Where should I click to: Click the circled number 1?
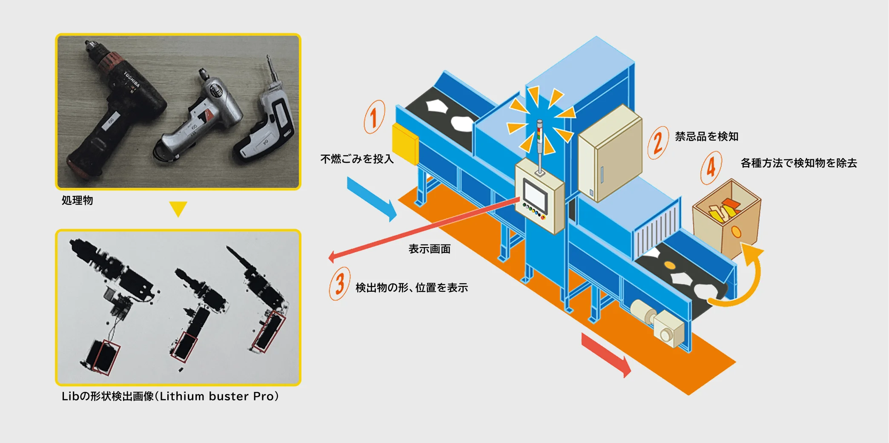coord(374,117)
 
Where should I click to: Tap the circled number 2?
coord(658,143)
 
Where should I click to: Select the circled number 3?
coord(340,284)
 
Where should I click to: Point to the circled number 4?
coord(711,167)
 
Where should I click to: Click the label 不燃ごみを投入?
coord(357,159)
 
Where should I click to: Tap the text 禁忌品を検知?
coord(707,136)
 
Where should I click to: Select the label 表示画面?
coord(430,249)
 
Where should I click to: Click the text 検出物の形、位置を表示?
coord(412,288)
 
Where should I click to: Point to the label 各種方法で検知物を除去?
coord(799,163)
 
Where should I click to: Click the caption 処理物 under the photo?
coord(77,200)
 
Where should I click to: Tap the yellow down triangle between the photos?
coord(178,209)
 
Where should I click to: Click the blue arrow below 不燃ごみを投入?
coord(371,199)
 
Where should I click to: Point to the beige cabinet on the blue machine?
coord(610,153)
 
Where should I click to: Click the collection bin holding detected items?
coord(726,218)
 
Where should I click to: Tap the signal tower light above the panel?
coord(539,145)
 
